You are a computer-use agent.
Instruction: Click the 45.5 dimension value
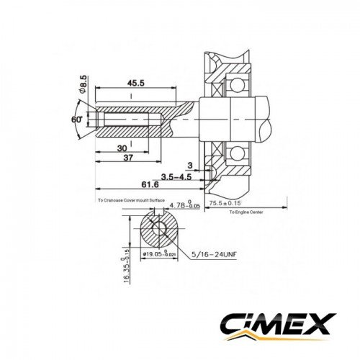click(135, 82)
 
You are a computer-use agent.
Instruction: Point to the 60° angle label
click(75, 119)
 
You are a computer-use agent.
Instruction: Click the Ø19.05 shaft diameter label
click(158, 253)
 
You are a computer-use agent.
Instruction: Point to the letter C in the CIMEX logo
click(233, 322)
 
